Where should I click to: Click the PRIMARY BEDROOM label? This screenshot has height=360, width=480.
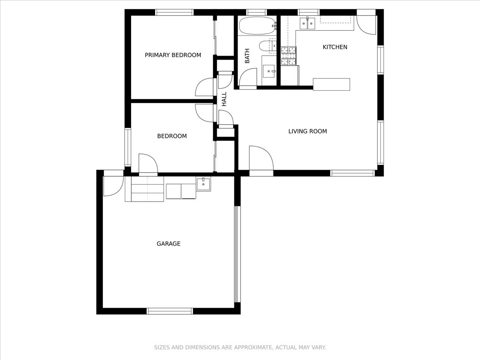[173, 55]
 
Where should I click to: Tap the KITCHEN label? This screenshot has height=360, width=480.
[335, 47]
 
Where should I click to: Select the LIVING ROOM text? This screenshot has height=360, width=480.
[308, 131]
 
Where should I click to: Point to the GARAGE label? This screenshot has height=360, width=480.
[169, 244]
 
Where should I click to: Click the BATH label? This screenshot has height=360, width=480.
[247, 56]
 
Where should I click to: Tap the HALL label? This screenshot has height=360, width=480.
[224, 99]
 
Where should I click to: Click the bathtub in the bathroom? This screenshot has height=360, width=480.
[257, 26]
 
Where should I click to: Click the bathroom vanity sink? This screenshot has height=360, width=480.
[269, 71]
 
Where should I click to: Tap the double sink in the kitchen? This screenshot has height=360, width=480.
[307, 23]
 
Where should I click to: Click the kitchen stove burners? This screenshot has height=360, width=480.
[289, 56]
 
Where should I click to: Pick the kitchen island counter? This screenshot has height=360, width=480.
[332, 84]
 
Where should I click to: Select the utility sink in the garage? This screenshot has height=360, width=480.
[203, 184]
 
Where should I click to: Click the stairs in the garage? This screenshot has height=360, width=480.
[147, 189]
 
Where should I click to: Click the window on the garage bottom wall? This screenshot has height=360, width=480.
[170, 311]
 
